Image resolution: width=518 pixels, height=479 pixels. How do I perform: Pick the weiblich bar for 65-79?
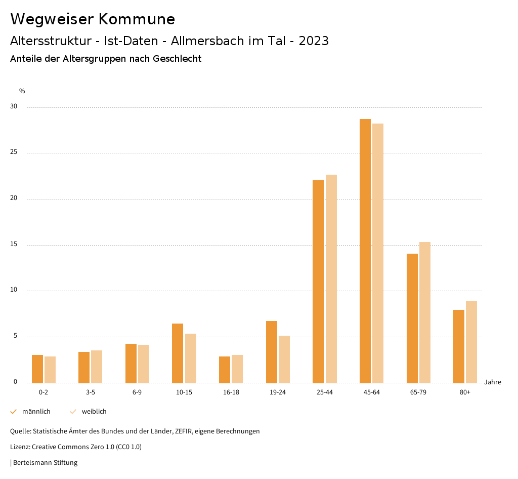[x=425, y=312]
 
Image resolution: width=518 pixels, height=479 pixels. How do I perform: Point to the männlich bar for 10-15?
[x=178, y=353]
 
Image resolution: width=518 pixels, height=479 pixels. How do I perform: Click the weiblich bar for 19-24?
[x=284, y=359]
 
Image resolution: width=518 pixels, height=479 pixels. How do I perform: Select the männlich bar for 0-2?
[x=37, y=369]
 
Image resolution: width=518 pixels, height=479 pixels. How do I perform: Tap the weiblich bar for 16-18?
[x=237, y=369]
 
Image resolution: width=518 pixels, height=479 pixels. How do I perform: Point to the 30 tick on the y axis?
[x=14, y=107]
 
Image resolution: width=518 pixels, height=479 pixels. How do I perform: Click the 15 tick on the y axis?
[x=14, y=245]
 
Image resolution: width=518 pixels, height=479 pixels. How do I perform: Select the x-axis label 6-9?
[x=137, y=392]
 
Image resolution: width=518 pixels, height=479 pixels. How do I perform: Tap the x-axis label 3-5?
[x=91, y=392]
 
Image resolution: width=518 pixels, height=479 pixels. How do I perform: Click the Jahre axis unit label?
[x=493, y=382]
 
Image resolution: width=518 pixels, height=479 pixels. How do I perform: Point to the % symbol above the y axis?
[x=22, y=91]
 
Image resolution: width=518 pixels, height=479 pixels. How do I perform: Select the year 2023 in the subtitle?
[x=314, y=41]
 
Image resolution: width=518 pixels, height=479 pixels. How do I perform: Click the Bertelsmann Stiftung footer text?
[x=45, y=463]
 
